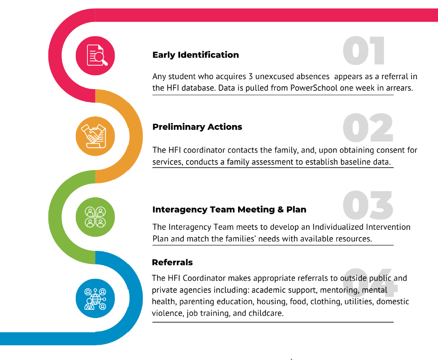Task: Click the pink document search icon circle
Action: tap(95, 55)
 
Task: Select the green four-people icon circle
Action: tap(95, 217)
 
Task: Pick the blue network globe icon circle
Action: tap(95, 298)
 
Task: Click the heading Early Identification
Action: tap(196, 55)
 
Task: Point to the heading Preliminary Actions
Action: tap(197, 127)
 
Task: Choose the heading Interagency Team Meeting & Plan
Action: tap(229, 209)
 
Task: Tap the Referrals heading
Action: tap(172, 262)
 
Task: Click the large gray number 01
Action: tap(364, 51)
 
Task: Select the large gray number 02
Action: tap(367, 127)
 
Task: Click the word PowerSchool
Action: tap(313, 88)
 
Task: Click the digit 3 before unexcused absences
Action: tap(250, 77)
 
